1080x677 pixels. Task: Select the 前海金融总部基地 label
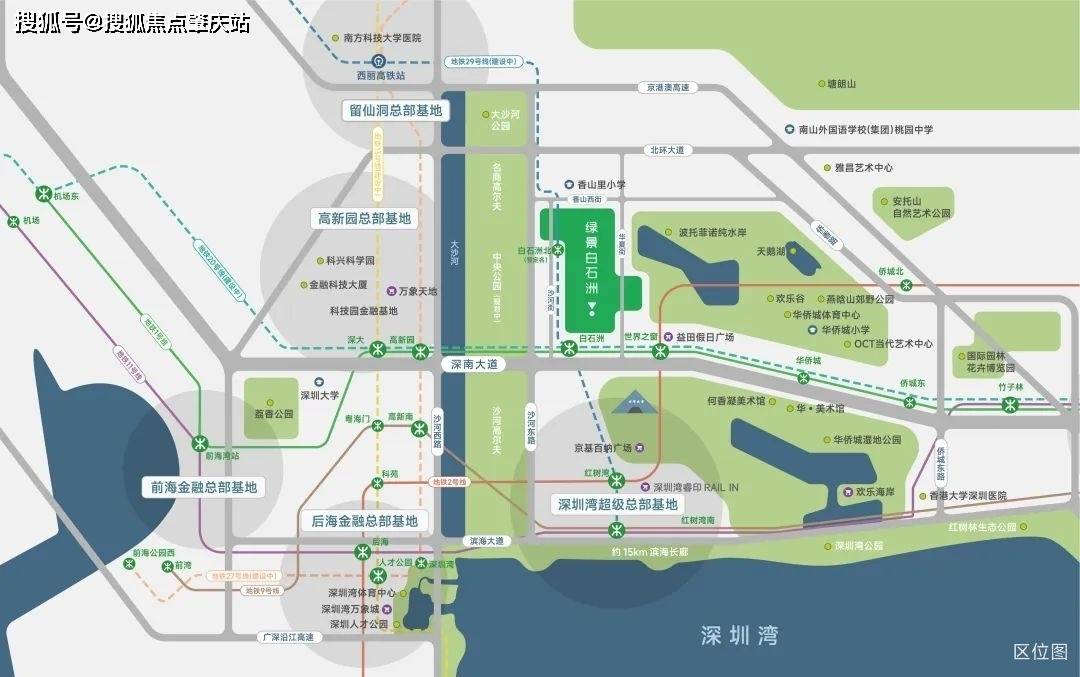[x=204, y=488]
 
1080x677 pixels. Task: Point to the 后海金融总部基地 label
[x=364, y=521]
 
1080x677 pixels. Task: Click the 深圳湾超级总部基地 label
[x=617, y=505]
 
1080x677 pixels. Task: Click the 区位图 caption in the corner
[x=1040, y=652]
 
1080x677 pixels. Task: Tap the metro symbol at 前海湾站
[x=200, y=440]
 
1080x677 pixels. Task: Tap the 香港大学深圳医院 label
[x=967, y=496]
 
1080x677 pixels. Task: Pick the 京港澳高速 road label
[x=667, y=88]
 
